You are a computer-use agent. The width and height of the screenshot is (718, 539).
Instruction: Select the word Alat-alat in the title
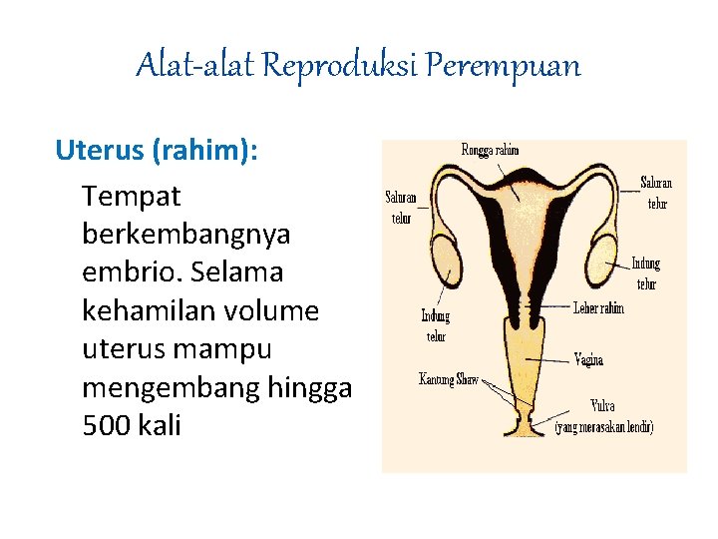(x=194, y=66)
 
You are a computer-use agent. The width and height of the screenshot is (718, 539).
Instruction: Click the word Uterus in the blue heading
(x=100, y=151)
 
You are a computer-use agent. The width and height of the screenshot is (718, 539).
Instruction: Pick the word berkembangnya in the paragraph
(x=186, y=235)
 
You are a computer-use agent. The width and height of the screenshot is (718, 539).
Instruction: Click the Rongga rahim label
(x=490, y=151)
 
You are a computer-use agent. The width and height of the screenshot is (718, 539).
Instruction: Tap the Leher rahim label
(x=598, y=308)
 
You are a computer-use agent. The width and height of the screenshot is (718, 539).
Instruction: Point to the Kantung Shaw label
(x=448, y=379)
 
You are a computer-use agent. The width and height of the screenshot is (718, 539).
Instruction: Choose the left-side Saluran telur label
(x=402, y=208)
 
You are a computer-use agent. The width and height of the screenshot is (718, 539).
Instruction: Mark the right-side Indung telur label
(x=645, y=273)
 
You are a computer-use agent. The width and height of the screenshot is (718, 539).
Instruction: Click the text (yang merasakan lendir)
(x=604, y=427)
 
